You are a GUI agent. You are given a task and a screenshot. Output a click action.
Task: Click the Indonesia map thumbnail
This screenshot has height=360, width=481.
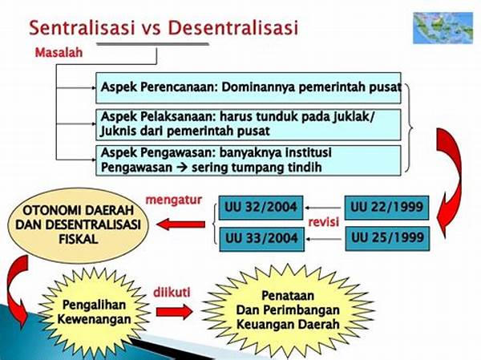443,28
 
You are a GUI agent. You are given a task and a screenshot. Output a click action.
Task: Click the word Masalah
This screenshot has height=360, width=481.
59,52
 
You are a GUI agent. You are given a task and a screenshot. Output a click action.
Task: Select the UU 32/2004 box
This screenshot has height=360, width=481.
261,208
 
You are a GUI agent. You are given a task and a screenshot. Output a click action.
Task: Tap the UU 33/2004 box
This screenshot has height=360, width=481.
261,239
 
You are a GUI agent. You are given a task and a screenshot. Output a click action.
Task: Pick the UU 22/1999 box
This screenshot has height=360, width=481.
386,208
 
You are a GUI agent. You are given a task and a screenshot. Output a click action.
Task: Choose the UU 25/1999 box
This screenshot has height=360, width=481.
387,238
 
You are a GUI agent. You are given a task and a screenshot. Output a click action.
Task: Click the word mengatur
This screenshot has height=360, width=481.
174,200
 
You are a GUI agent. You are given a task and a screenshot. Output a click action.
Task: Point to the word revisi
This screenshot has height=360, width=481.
323,221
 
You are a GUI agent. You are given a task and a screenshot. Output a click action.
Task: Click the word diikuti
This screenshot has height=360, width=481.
172,292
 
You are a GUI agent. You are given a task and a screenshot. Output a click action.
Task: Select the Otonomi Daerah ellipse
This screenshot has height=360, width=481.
78,225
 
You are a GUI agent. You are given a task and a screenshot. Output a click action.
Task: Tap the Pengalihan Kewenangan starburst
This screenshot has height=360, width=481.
94,312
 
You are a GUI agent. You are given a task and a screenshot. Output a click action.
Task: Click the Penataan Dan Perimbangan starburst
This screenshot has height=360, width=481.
288,310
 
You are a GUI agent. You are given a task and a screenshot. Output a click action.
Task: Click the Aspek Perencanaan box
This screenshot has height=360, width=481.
249,87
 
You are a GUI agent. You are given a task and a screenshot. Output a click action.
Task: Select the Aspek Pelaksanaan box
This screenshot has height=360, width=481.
249,124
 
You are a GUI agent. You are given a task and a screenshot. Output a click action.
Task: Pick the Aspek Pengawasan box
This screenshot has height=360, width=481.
249,160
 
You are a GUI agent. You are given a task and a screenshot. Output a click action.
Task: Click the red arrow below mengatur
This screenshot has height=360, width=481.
181,224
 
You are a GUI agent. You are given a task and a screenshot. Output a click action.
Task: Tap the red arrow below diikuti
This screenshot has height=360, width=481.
174,312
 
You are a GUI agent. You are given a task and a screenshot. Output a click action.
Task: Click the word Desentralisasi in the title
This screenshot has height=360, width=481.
233,27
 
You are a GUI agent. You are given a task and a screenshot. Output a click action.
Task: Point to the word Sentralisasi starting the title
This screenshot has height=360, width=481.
82,27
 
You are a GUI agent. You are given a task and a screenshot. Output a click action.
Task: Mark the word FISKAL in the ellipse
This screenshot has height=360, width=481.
79,239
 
